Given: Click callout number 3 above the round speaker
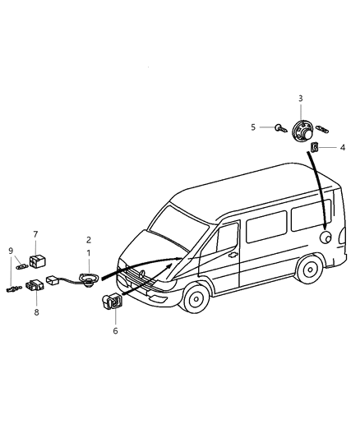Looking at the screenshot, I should pyautogui.click(x=300, y=98).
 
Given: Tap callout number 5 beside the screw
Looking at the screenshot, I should pyautogui.click(x=254, y=127).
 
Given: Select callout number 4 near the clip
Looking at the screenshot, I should pyautogui.click(x=343, y=148).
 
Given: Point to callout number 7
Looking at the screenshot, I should pyautogui.click(x=35, y=234).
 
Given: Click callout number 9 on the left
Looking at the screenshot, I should pyautogui.click(x=11, y=251).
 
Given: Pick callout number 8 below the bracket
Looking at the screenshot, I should pyautogui.click(x=35, y=311).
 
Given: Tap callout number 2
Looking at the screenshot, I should pyautogui.click(x=88, y=240).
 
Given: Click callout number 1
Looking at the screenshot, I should pyautogui.click(x=88, y=254).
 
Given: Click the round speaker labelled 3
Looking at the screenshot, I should pyautogui.click(x=300, y=131).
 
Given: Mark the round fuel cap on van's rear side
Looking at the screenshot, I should pyautogui.click(x=326, y=237).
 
